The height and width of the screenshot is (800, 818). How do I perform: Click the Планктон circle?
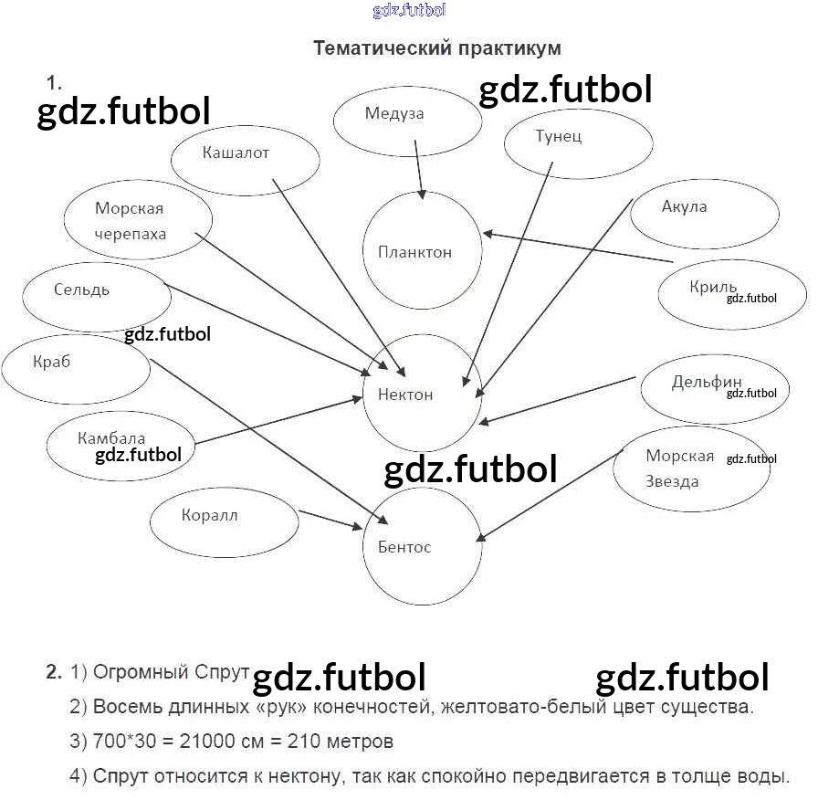pos(423,251)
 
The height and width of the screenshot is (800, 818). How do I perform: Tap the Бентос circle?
pos(422,546)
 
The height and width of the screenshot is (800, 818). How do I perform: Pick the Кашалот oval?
pos(245,160)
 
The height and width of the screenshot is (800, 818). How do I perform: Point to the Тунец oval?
pos(578,142)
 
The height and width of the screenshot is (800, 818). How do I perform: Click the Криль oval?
pos(731,294)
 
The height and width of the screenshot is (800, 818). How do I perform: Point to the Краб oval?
pos(76,368)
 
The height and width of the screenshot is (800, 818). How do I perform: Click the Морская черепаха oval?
pos(138,221)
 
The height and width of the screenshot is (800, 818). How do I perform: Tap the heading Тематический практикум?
pos(436,47)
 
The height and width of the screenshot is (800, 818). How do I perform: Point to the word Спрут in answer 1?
pos(222,673)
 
